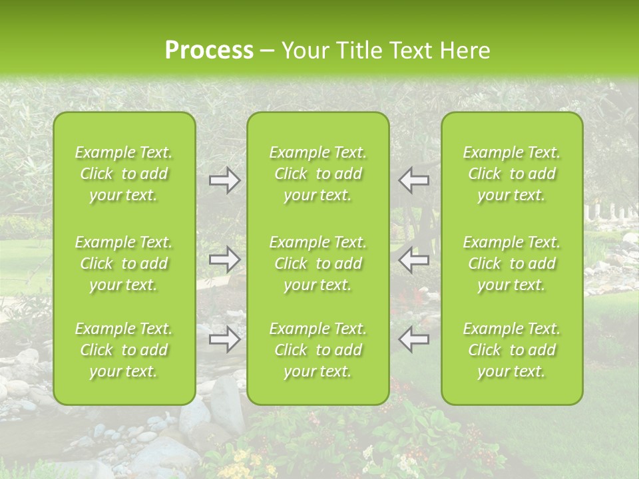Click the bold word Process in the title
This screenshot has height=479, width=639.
tap(209, 50)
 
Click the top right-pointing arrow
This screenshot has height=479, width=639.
tap(224, 180)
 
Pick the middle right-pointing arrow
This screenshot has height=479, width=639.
tap(224, 260)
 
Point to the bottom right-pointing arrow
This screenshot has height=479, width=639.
tap(224, 339)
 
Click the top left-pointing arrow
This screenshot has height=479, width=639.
tap(413, 180)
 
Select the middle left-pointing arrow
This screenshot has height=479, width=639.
tap(413, 260)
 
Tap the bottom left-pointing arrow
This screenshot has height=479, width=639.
tap(413, 339)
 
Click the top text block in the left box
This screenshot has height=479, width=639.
tap(124, 174)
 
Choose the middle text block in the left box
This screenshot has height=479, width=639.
tap(124, 263)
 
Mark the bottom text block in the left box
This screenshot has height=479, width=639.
tap(124, 350)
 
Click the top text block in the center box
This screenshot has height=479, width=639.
tap(318, 174)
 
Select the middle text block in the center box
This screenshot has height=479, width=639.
tap(318, 263)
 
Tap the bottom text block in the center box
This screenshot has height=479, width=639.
tap(318, 350)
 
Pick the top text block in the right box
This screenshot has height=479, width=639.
tap(512, 174)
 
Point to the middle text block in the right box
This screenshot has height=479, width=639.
tap(512, 263)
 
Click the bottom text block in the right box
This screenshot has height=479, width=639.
tap(512, 350)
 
